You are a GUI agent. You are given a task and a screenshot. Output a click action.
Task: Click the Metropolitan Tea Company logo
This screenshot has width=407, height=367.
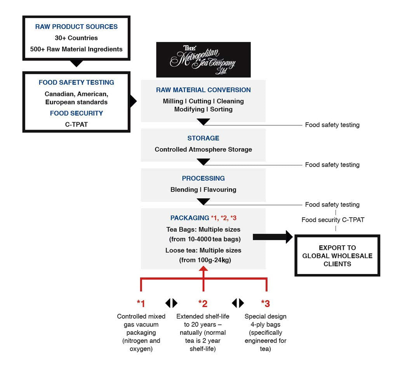203,60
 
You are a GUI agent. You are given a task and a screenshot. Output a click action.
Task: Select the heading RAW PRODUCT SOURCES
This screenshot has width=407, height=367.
76,26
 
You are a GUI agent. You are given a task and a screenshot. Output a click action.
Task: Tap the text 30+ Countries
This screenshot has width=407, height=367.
76,38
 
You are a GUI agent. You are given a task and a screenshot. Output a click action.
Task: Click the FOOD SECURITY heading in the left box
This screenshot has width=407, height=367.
76,113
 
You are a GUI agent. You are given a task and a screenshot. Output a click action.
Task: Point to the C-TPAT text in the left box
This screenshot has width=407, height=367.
76,124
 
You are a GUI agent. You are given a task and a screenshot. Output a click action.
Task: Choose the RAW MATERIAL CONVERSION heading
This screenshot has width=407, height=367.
203,90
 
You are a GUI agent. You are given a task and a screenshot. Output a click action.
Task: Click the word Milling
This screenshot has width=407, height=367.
173,101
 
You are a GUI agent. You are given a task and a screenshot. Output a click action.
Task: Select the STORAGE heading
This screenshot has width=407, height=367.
203,138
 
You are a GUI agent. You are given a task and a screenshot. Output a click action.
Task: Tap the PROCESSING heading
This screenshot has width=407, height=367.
203,178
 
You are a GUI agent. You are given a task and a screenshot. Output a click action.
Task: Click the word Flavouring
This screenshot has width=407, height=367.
220,190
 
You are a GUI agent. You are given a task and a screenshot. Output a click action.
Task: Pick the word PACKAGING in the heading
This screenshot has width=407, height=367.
190,218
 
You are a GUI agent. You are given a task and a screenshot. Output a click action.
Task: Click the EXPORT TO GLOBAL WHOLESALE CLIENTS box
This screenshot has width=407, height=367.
337,255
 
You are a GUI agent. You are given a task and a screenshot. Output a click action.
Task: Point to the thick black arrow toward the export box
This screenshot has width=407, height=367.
273,237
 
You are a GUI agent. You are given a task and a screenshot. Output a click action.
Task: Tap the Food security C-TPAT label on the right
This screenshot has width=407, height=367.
333,220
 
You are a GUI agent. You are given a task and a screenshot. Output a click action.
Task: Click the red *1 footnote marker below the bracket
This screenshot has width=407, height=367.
141,303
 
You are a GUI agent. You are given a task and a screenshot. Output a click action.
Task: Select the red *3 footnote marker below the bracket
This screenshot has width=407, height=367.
265,303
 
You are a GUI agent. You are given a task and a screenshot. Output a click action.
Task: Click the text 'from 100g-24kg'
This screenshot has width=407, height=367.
205,260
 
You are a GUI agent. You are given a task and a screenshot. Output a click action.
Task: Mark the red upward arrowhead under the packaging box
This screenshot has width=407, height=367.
203,269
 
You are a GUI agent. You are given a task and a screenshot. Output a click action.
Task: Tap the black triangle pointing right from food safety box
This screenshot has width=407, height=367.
133,102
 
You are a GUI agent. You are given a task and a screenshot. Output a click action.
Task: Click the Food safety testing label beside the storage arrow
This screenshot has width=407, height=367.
332,165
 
